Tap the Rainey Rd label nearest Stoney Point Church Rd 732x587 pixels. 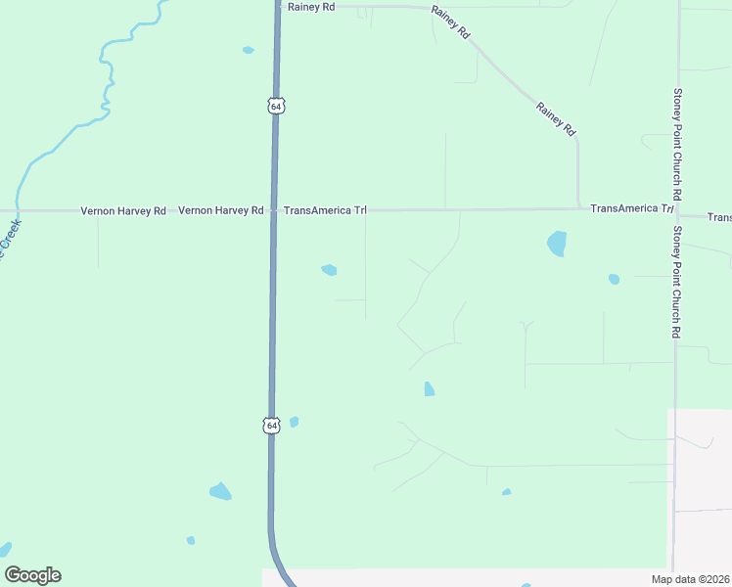click(556, 118)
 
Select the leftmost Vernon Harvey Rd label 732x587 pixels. click(123, 210)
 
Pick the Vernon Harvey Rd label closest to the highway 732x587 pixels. click(221, 210)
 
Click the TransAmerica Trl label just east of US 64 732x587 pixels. click(325, 210)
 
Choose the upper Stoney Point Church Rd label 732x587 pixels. click(677, 138)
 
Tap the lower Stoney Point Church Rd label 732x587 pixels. click(676, 283)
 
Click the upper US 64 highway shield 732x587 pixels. click(277, 105)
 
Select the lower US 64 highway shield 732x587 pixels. click(271, 425)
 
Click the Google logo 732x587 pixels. click(32, 575)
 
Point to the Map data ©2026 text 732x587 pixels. click(689, 579)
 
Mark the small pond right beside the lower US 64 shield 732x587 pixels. click(294, 422)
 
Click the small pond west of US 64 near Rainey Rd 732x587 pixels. click(248, 50)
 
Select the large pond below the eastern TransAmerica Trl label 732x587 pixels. click(557, 243)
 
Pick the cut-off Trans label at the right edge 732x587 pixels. click(719, 216)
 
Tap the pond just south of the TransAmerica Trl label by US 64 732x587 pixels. click(329, 270)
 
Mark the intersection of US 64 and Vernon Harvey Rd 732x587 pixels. click(274, 210)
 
